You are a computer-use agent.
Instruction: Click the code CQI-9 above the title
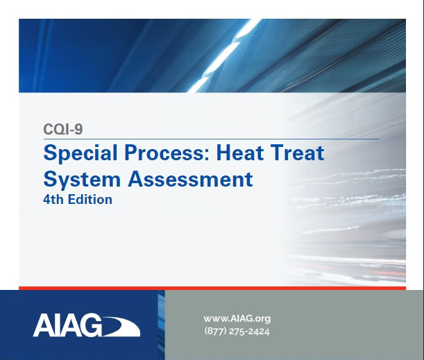(x=63, y=128)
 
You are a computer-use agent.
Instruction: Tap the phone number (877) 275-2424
(x=237, y=331)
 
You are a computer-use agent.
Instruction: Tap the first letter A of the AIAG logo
(x=43, y=325)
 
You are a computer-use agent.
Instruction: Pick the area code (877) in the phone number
(x=216, y=331)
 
